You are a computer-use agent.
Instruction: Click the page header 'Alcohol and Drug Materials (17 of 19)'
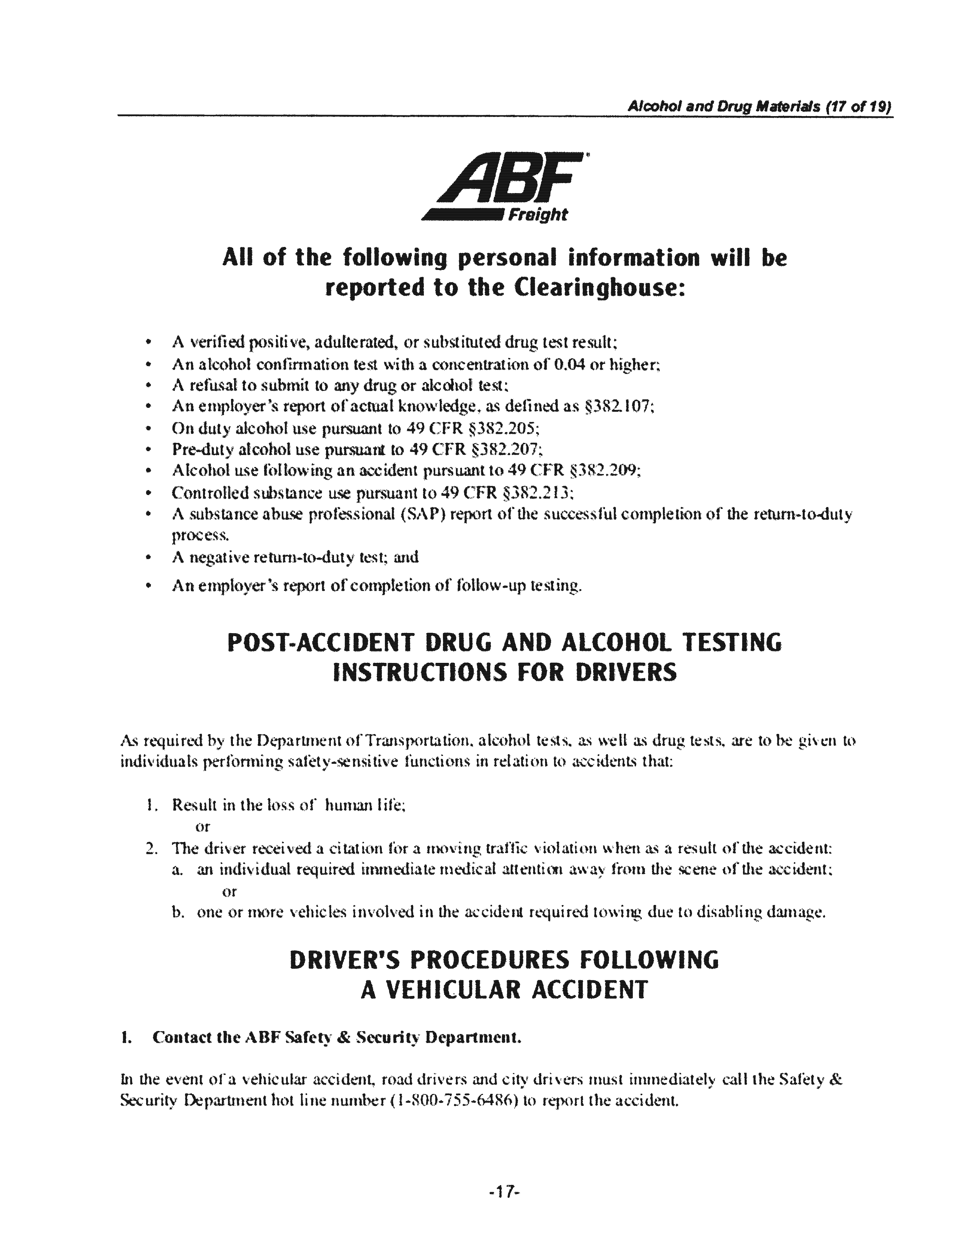tap(759, 107)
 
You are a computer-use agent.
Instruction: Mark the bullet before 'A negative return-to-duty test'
tap(148, 557)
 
